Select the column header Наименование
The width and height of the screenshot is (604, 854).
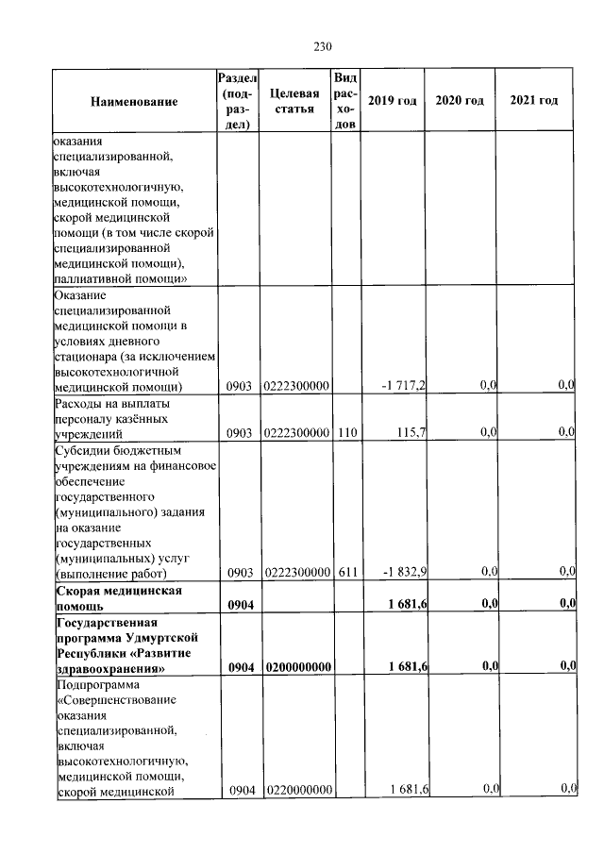click(134, 101)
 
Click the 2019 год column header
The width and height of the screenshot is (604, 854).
click(392, 101)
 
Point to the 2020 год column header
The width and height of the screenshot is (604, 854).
click(460, 101)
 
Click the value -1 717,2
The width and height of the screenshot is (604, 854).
click(404, 386)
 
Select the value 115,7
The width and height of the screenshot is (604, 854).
click(412, 432)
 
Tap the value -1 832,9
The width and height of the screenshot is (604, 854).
click(404, 572)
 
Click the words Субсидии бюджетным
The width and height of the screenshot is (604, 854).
click(109, 450)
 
